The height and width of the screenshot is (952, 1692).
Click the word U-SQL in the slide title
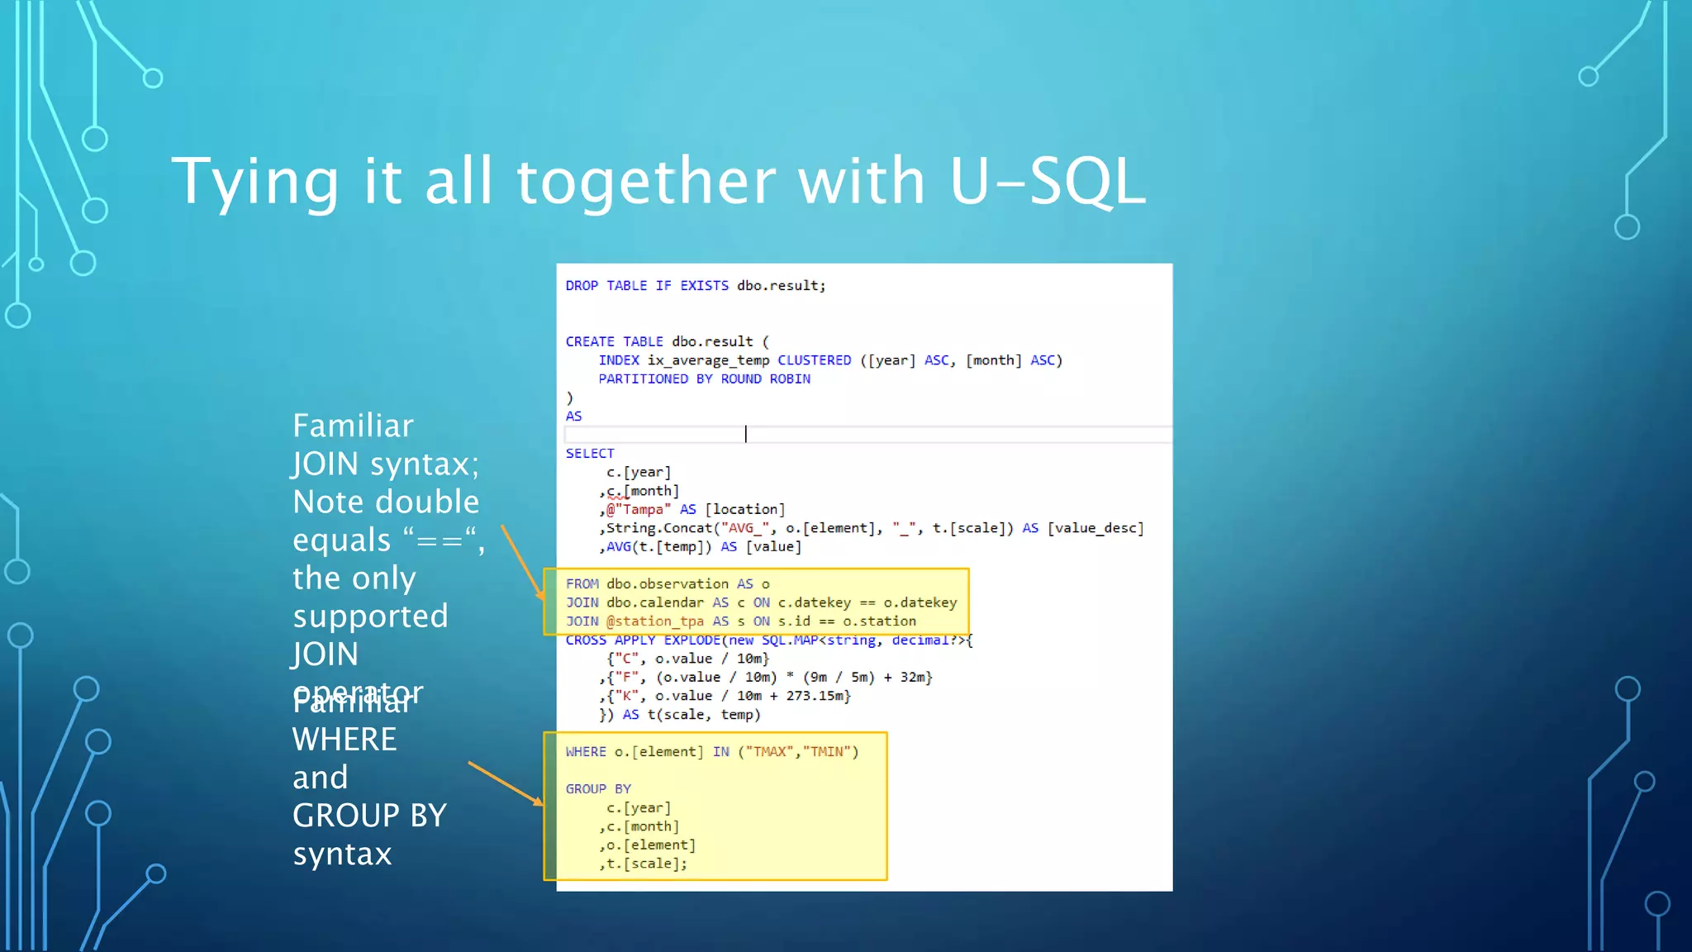coord(1048,181)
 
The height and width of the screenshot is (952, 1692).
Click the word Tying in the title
coord(255,183)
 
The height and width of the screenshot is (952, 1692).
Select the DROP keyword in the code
coord(582,286)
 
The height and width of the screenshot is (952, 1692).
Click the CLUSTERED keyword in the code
coord(814,360)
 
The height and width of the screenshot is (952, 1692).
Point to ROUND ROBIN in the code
coord(765,379)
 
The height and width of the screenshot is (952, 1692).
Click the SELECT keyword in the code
coord(590,454)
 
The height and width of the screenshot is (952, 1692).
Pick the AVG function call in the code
coord(618,547)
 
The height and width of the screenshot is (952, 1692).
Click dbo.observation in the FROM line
coord(667,584)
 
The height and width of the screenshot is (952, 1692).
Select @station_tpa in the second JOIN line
coord(654,621)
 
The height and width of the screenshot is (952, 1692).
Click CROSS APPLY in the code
coord(610,640)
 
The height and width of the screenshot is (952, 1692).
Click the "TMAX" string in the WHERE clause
coord(768,752)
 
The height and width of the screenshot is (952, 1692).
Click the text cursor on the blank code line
coord(746,434)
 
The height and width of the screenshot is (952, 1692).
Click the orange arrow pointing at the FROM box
coord(522,562)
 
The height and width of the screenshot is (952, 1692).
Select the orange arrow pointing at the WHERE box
coord(505,783)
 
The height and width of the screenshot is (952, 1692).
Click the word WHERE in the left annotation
coord(345,740)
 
